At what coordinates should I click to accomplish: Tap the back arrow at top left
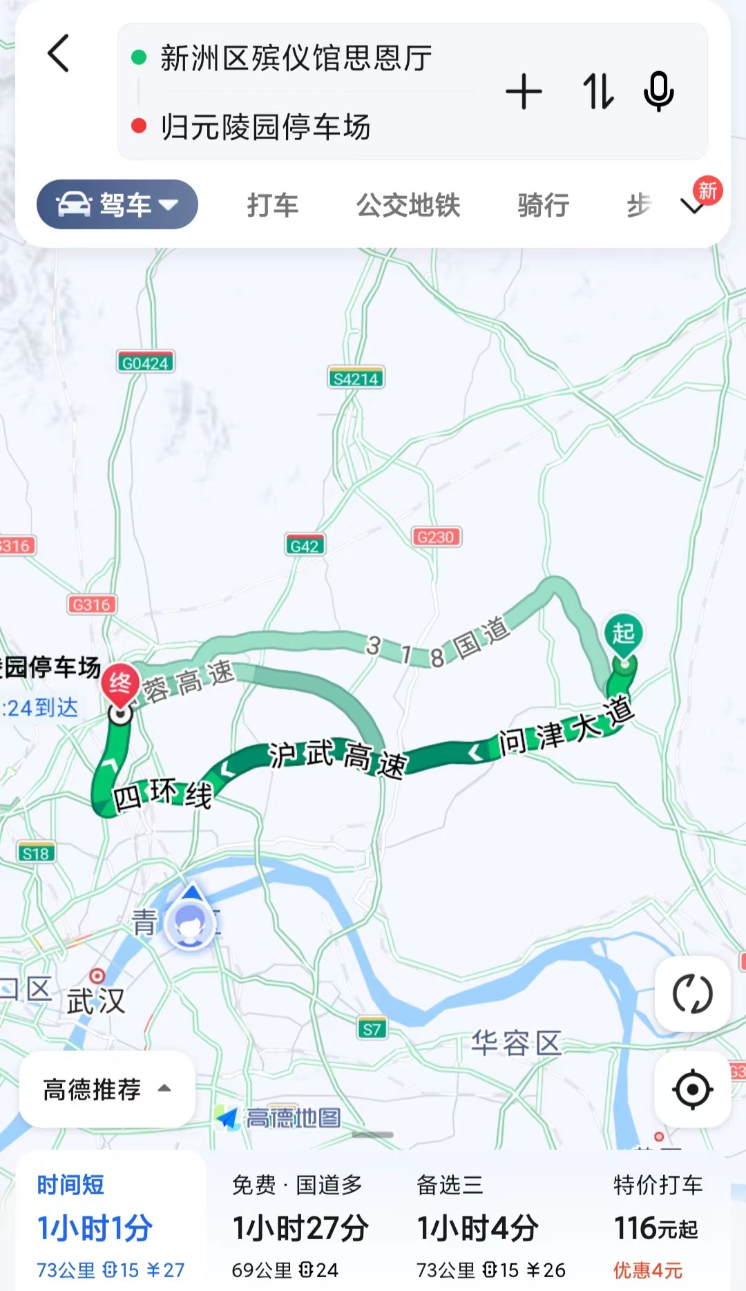59,54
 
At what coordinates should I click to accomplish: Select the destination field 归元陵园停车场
266,127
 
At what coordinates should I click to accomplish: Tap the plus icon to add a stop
524,92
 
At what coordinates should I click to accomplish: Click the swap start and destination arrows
597,92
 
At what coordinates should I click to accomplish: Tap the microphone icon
658,92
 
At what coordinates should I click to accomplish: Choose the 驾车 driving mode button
117,204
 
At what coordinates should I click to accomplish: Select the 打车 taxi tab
273,205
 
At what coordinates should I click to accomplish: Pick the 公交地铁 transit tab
408,205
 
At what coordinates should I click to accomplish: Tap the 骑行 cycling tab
544,205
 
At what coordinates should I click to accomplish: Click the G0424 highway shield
145,363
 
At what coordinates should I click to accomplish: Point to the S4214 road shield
356,378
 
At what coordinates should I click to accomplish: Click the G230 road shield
436,537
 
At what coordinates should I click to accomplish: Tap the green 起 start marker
624,633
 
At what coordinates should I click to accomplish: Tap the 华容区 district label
516,1042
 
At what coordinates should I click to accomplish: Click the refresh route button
692,995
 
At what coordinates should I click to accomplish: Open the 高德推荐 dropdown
106,1089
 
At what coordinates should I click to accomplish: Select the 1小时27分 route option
300,1228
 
